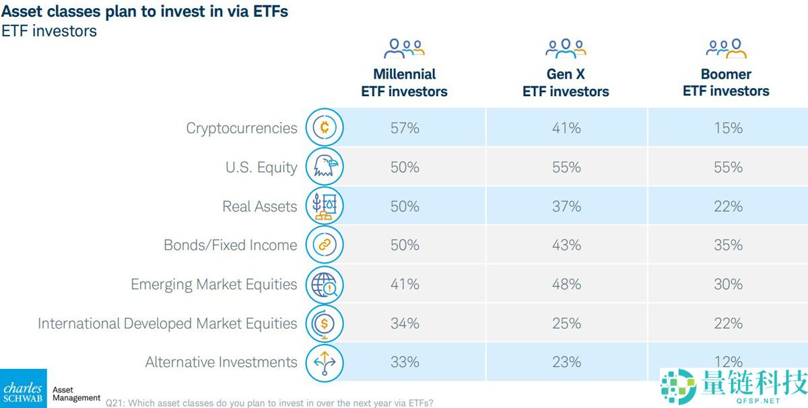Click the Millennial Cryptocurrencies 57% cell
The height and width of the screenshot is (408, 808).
(405, 128)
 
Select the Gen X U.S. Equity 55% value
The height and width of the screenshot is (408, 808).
(566, 167)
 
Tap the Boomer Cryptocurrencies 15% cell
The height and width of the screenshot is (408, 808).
(728, 128)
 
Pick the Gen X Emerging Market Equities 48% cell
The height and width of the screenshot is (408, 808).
(566, 284)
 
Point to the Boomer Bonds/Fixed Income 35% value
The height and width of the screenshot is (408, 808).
(728, 245)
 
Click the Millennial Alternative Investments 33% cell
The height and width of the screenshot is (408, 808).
(405, 362)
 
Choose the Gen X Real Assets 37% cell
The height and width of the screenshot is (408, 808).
(566, 206)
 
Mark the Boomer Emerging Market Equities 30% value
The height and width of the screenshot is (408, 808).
(728, 284)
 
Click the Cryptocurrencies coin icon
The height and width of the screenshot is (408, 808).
(325, 128)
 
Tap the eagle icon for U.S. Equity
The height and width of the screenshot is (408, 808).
(325, 167)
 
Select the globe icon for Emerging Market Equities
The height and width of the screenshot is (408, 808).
(325, 284)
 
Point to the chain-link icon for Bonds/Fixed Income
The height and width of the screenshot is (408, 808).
(325, 245)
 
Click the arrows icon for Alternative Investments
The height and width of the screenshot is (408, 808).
(325, 362)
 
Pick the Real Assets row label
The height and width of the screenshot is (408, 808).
(260, 206)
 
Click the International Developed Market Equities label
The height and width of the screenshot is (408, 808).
(167, 323)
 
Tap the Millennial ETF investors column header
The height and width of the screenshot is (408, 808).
(405, 83)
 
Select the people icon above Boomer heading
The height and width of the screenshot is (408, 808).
(727, 48)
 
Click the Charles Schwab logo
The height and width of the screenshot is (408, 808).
(24, 389)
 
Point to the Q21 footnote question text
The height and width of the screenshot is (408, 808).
(269, 403)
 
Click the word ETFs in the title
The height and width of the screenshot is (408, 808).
(265, 11)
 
